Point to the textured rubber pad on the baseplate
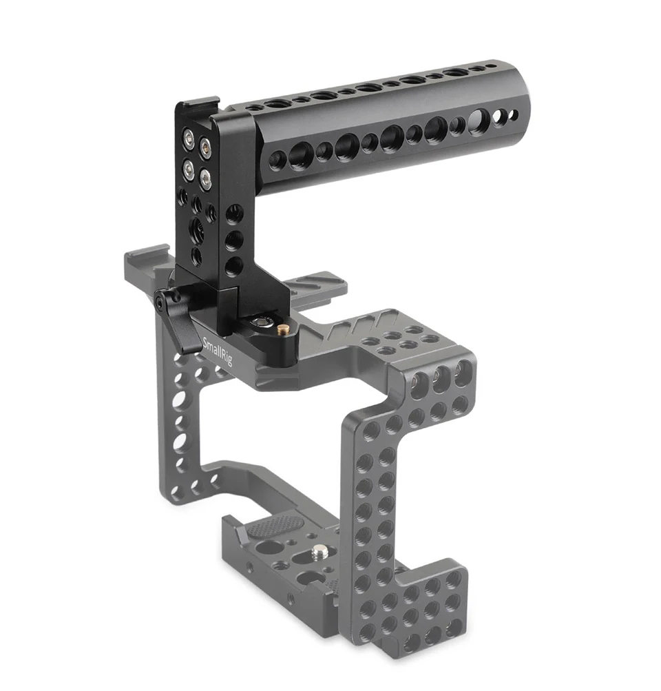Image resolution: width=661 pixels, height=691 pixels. [x=273, y=526]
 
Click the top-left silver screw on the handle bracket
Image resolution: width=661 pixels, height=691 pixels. [x=189, y=140]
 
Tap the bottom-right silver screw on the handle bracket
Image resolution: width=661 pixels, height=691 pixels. [x=205, y=178]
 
